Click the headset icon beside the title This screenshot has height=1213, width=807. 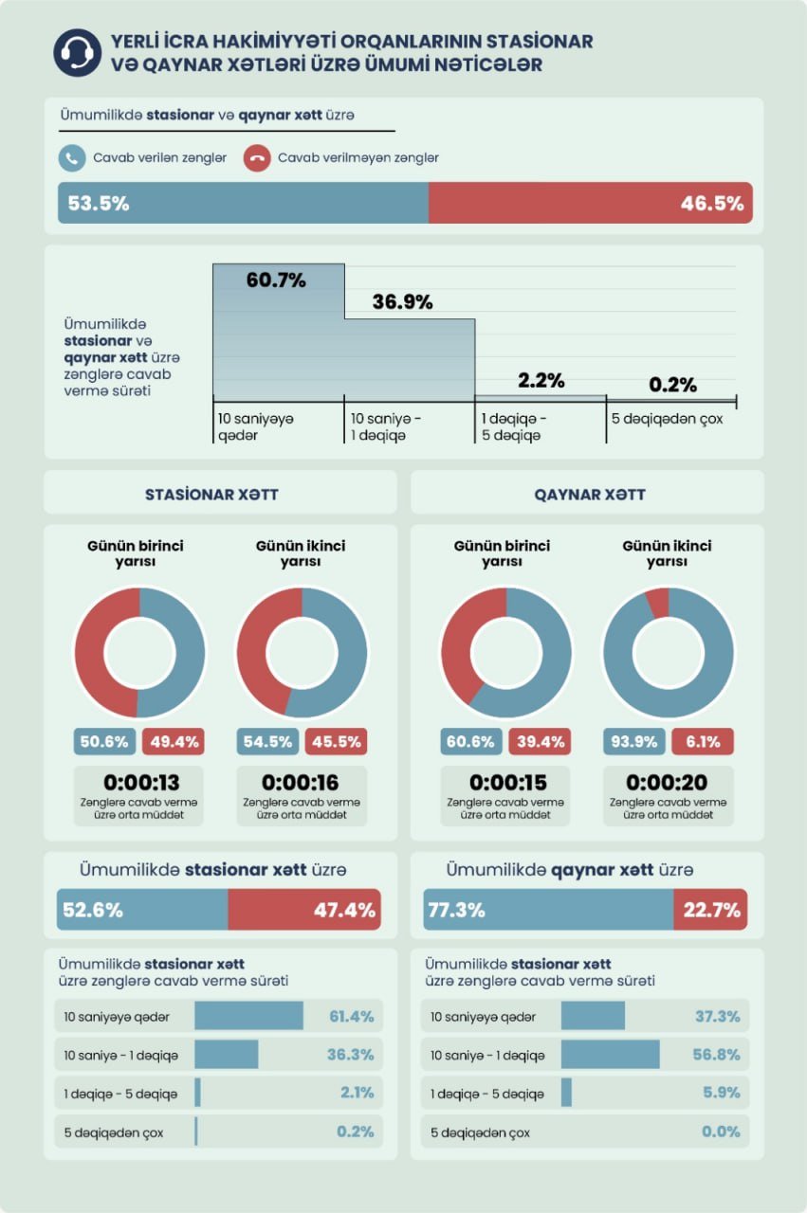78,52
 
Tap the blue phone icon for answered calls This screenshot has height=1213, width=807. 72,158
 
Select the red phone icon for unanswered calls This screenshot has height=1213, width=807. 257,158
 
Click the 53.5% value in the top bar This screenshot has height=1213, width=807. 99,203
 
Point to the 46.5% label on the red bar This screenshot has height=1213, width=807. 712,203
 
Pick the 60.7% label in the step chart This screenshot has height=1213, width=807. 276,280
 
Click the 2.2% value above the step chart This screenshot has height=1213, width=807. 541,380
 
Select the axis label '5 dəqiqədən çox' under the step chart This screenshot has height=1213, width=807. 668,419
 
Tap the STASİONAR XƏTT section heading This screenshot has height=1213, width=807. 211,495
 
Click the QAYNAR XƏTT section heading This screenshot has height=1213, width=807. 590,495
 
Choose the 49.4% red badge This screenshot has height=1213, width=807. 174,741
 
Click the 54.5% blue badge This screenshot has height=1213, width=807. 267,741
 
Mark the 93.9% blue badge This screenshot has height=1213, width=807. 634,741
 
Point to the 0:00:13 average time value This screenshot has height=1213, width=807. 141,782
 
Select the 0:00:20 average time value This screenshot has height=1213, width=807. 667,782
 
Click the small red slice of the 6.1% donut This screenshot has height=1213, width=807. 658,602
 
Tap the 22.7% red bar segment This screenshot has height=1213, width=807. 710,909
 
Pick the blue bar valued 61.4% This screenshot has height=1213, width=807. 248,1016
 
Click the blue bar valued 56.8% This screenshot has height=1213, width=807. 611,1055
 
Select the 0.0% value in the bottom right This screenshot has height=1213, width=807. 721,1132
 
